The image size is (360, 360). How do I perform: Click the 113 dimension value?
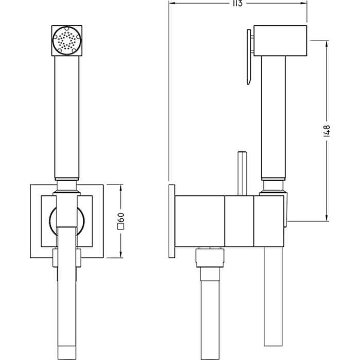click(237, 3)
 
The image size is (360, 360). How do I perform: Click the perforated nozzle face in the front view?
click(66, 41)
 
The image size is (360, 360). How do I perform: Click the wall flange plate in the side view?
click(172, 222)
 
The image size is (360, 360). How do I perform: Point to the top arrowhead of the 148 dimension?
click(328, 44)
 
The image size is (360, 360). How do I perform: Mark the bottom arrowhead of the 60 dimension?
click(122, 255)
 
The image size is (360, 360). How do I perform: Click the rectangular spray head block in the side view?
click(280, 40)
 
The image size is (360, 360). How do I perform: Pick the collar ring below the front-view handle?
click(66, 184)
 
